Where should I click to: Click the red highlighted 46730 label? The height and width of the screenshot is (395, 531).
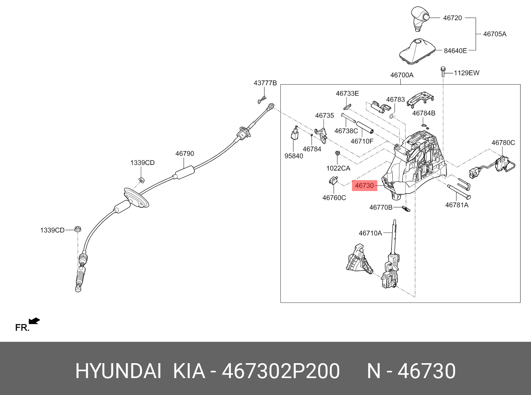[x=364, y=185]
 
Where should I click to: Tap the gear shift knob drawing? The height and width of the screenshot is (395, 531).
[x=420, y=19]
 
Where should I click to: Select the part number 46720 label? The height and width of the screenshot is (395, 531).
[x=453, y=18]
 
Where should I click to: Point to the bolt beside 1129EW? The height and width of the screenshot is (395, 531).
[x=443, y=72]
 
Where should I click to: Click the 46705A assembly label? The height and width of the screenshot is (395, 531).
[x=495, y=34]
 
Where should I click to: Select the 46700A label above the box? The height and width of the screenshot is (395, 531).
[x=402, y=75]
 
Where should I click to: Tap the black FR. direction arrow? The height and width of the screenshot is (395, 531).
[x=34, y=321]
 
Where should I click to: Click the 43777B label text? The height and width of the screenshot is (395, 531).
[x=265, y=83]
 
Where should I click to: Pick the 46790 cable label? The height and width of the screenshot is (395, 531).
[x=185, y=154]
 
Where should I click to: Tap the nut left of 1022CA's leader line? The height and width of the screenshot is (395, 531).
[x=338, y=153]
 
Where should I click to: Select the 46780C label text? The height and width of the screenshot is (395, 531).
[x=503, y=143]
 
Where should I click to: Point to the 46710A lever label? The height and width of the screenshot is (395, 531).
[x=370, y=233]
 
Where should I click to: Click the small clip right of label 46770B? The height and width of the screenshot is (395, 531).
[x=406, y=209]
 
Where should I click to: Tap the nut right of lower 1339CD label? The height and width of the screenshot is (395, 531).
[x=77, y=229]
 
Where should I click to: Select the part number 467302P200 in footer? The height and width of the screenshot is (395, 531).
[x=280, y=371]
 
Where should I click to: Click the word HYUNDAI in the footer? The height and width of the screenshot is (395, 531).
[x=118, y=371]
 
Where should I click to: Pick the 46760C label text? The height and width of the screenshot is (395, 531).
[x=334, y=198]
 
